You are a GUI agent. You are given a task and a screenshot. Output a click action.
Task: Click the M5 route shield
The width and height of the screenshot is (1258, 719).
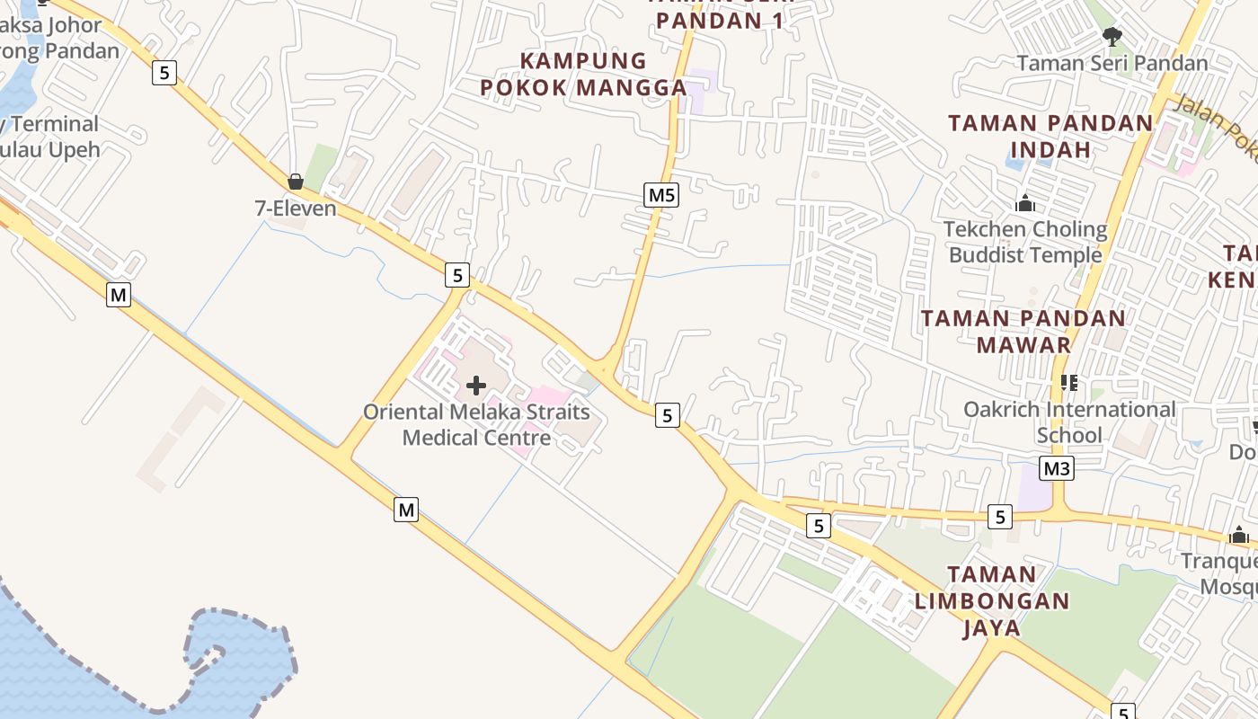point(660,194)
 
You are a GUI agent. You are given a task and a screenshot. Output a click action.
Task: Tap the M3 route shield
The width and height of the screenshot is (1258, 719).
point(1058,468)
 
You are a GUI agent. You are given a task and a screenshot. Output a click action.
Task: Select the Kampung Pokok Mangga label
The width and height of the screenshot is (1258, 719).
point(583,75)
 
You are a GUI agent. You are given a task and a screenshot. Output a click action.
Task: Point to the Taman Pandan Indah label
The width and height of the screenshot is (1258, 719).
point(1050,136)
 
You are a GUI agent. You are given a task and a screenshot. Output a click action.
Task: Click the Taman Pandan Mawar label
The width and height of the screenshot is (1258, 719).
point(1023,331)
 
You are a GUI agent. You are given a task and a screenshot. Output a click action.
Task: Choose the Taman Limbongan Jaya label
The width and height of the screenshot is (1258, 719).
point(992,600)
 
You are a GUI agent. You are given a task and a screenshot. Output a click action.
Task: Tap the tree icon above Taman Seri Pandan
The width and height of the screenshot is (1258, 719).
point(1112,37)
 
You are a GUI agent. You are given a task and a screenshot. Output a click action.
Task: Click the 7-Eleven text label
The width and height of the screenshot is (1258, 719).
point(296,209)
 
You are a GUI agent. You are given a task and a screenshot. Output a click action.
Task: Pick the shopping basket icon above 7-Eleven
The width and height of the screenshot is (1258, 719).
point(296,182)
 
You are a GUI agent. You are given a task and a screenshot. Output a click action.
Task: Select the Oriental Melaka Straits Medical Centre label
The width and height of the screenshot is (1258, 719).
point(476,424)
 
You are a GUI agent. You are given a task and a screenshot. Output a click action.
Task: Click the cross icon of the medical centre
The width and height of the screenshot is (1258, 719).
point(476,386)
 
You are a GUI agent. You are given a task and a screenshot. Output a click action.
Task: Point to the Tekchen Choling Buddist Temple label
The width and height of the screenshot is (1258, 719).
point(1025,242)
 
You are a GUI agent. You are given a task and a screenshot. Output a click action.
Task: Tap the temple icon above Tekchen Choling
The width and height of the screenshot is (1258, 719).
point(1025,204)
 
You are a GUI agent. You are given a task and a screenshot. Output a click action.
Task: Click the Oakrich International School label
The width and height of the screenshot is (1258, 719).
point(1069,422)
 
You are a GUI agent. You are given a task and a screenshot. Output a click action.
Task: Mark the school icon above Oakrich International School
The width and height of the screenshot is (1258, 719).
point(1069,383)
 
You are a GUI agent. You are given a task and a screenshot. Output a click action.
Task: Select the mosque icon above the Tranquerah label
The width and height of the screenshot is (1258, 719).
point(1240,536)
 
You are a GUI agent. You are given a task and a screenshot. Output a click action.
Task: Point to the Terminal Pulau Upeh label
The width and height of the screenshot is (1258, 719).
point(49,137)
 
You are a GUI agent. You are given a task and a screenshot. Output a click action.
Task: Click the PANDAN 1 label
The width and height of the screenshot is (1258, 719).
point(719,21)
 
